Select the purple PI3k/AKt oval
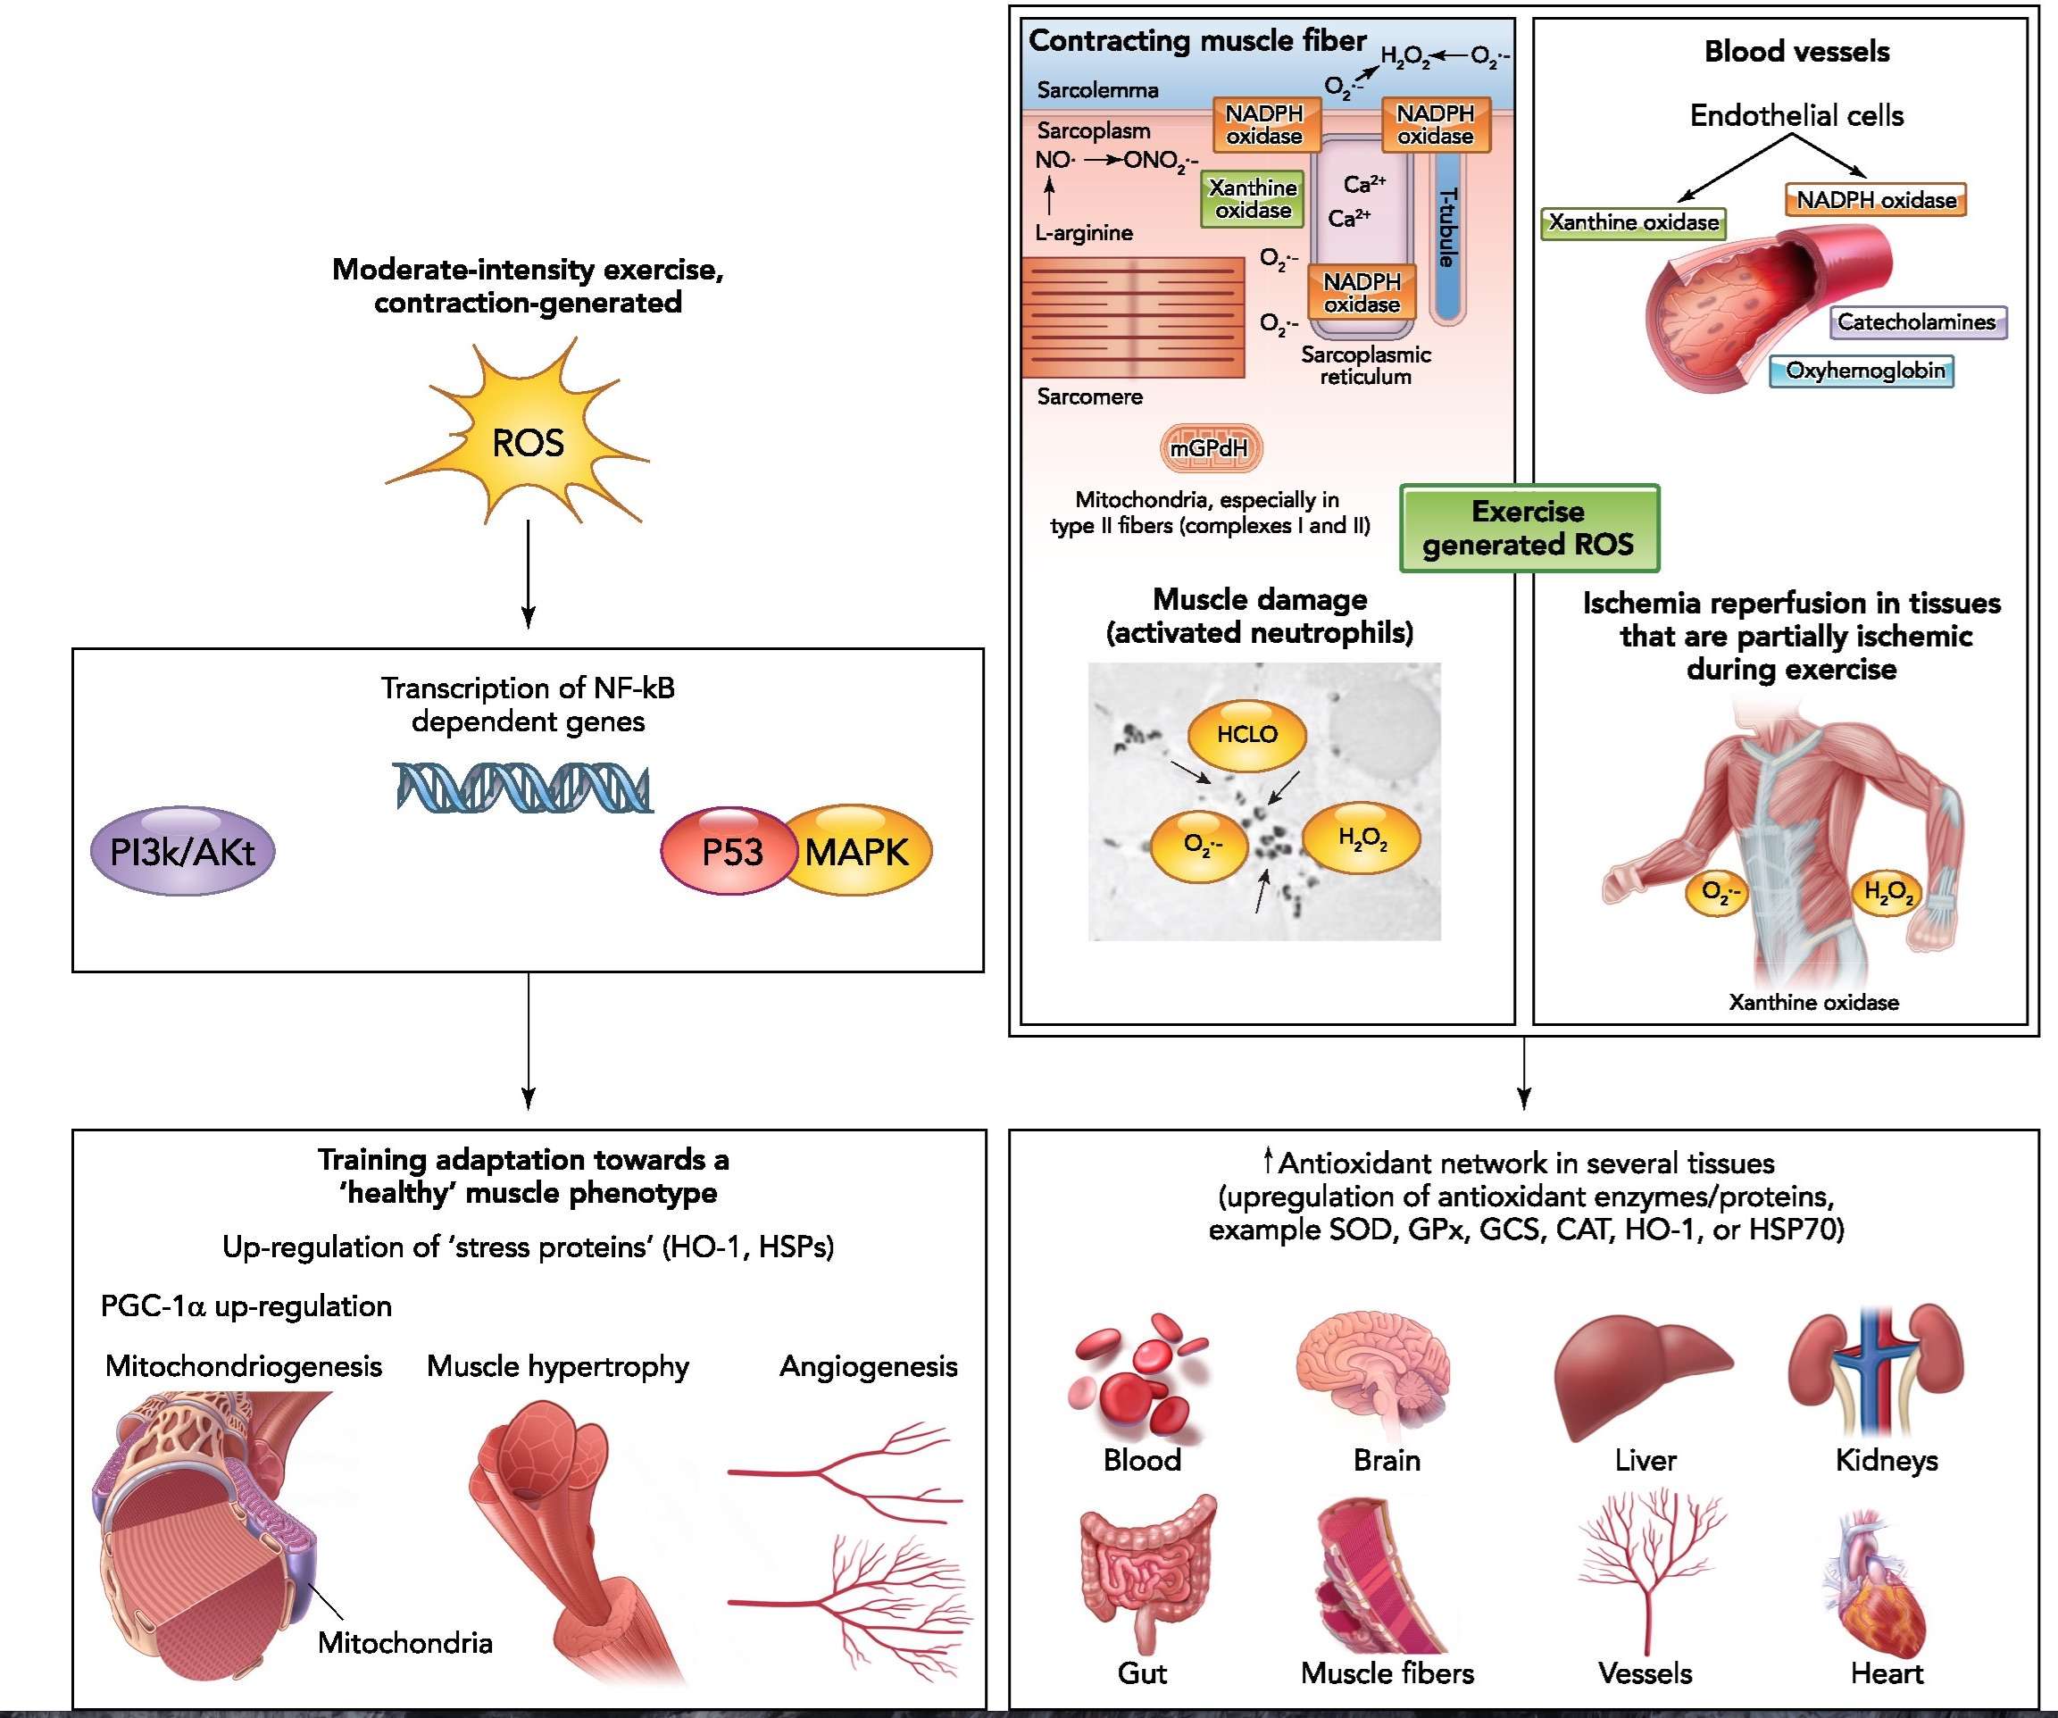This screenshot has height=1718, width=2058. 182,851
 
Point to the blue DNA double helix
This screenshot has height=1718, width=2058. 523,787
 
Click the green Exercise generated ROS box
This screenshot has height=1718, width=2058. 1529,527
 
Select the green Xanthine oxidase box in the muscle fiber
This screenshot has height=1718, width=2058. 1253,199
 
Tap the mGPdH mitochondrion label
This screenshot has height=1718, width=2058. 1211,448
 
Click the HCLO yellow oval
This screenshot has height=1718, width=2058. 1246,734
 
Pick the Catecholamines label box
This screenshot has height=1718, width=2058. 1917,321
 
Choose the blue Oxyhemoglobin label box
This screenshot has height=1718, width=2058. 1861,371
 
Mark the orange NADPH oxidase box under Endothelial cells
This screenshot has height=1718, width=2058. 1876,200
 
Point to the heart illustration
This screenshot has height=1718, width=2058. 1874,1587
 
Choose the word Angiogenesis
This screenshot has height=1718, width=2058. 868,1366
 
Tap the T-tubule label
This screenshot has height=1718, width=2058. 1446,227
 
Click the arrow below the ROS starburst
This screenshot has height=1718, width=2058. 529,574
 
